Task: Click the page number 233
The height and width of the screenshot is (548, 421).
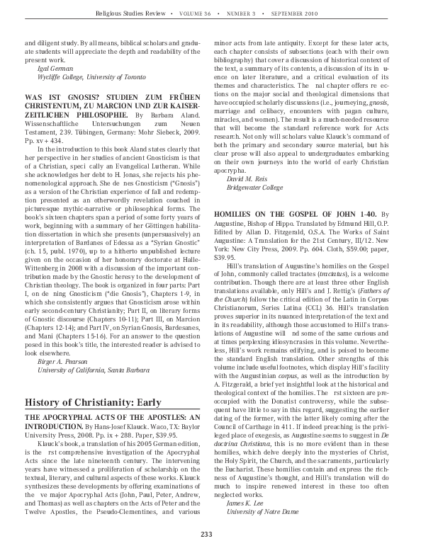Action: point(207,533)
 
